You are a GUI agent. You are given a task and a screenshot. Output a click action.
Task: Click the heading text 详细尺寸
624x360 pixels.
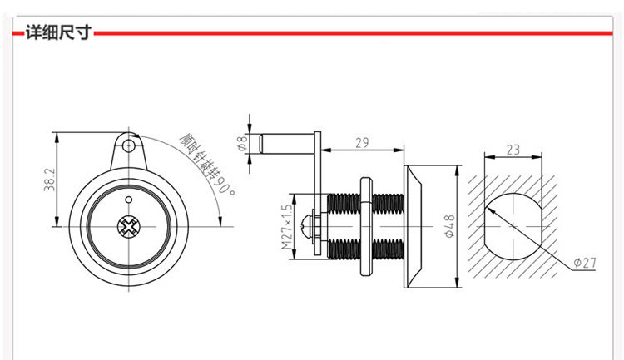tap(58, 32)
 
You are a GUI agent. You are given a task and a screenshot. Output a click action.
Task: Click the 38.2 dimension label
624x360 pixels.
tap(49, 180)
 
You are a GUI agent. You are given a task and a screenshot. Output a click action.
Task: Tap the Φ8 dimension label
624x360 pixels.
tap(241, 143)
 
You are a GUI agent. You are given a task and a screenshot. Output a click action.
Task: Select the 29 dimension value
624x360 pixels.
tap(362, 142)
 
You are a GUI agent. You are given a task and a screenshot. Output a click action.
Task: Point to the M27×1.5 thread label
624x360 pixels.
tap(286, 227)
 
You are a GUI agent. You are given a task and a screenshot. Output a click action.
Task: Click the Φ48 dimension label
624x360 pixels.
tap(449, 226)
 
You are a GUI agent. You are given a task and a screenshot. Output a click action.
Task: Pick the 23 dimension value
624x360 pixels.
tap(513, 150)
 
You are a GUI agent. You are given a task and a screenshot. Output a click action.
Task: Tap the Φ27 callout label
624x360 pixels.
tap(585, 263)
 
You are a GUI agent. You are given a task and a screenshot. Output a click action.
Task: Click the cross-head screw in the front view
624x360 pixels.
tap(128, 227)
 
